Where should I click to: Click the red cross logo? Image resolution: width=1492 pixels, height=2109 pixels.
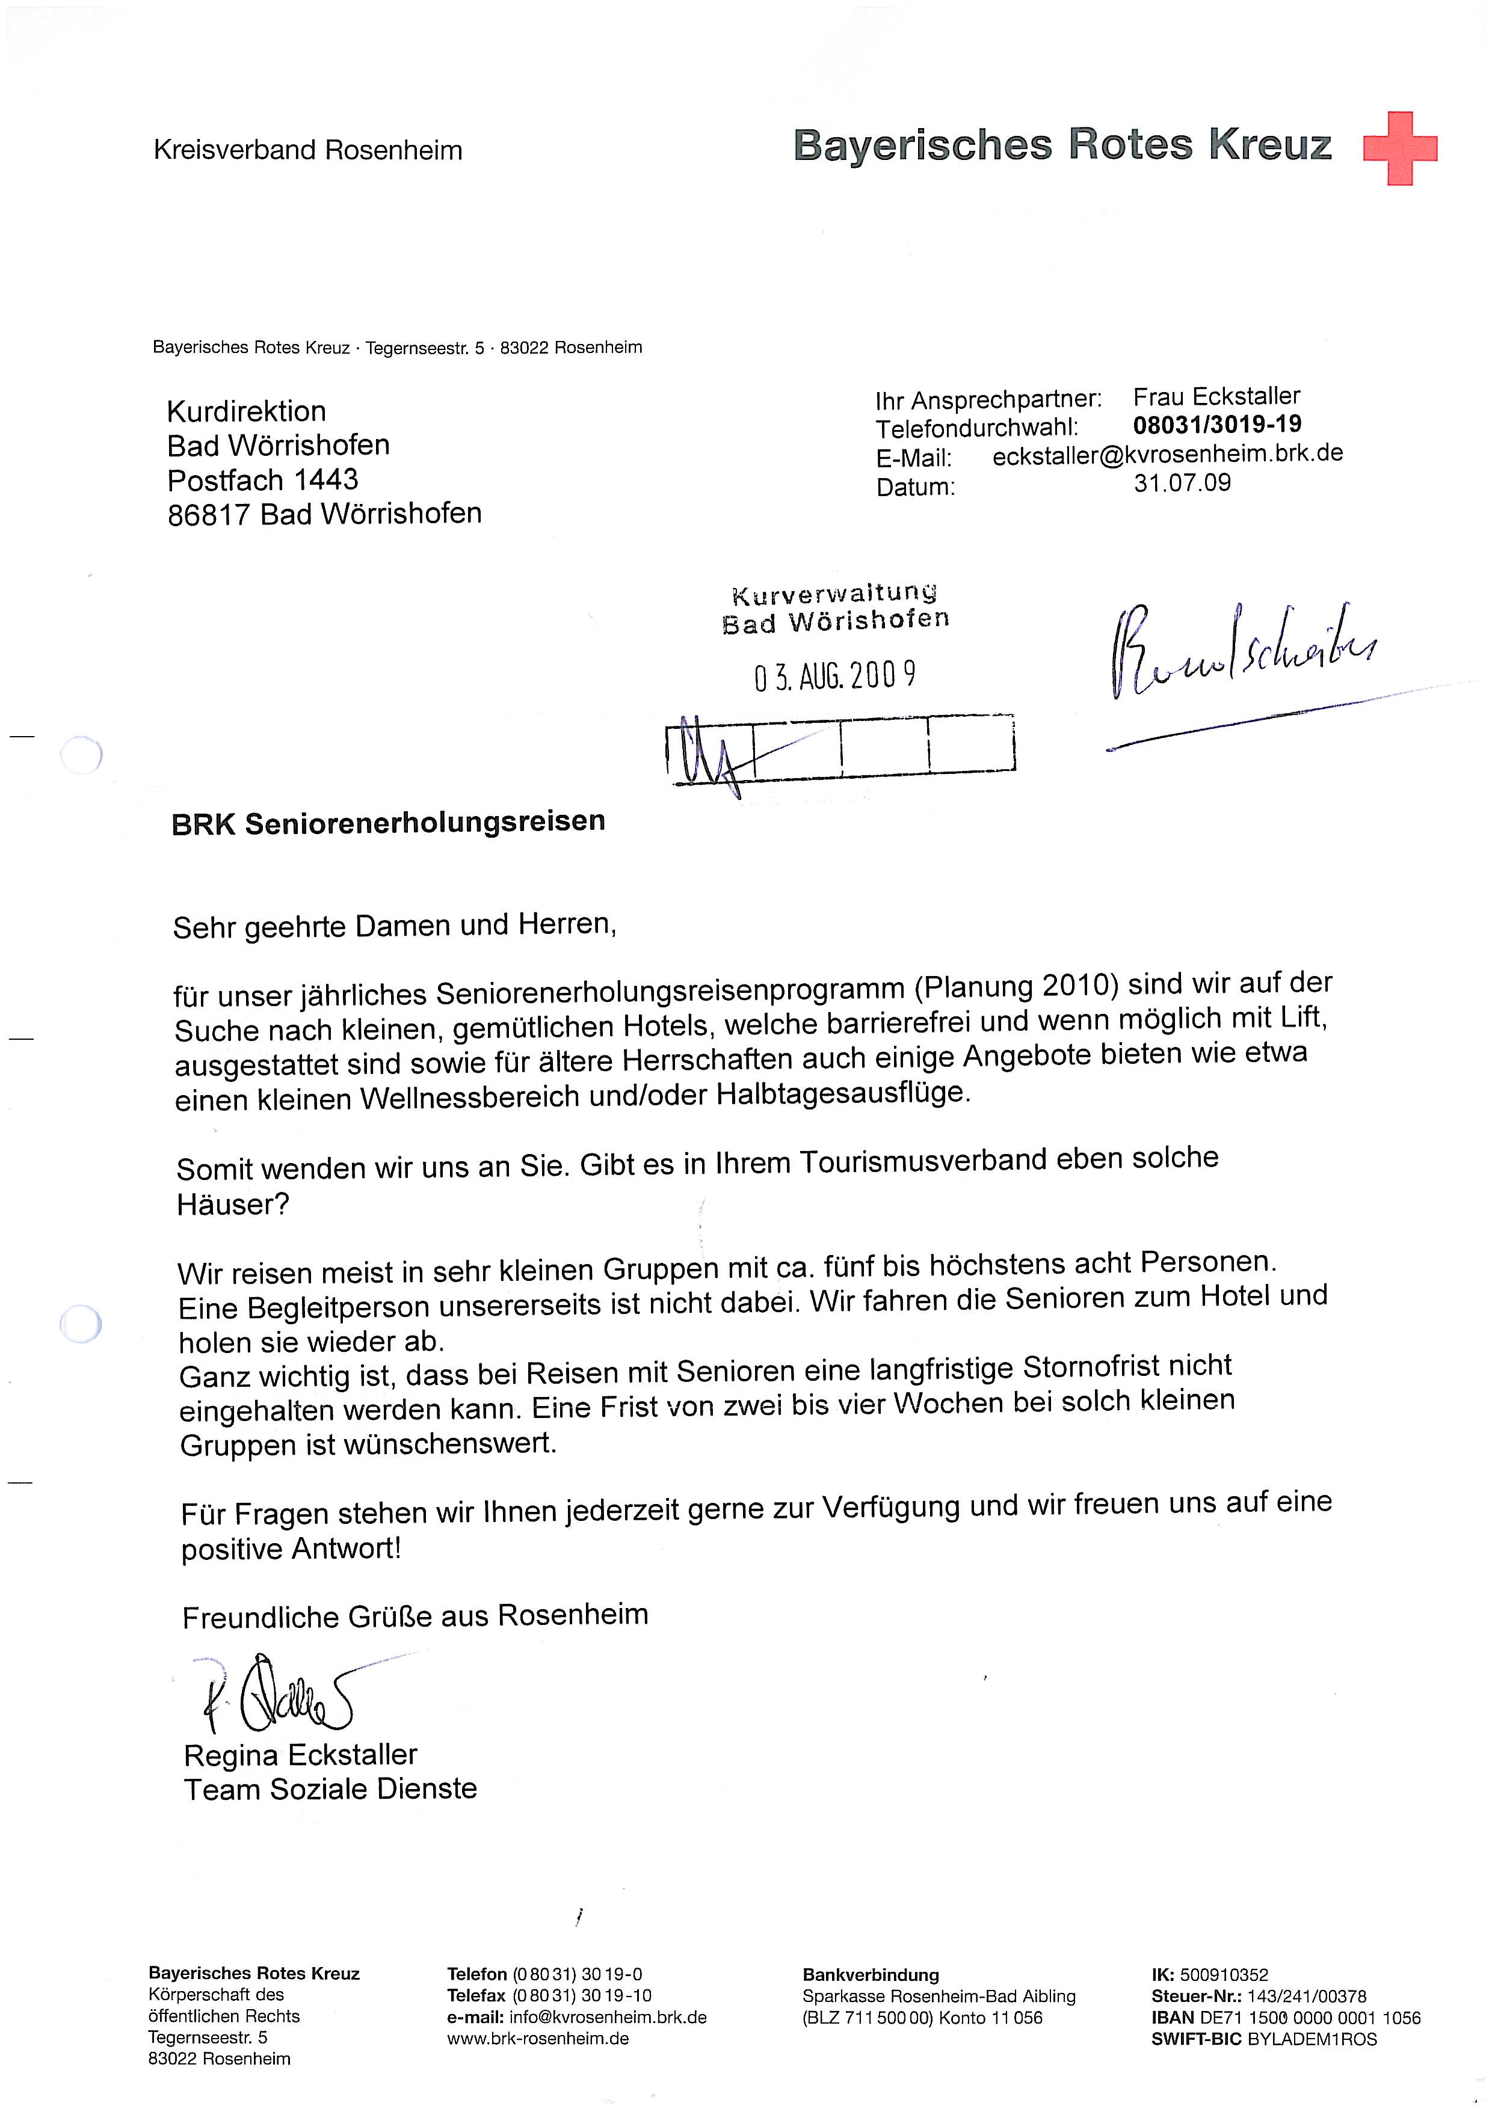pos(1399,149)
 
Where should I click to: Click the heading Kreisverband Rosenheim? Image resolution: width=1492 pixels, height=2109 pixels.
pos(308,150)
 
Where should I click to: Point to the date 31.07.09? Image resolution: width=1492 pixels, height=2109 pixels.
pos(1182,482)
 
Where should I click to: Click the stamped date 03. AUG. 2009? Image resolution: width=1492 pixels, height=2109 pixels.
pos(834,677)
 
